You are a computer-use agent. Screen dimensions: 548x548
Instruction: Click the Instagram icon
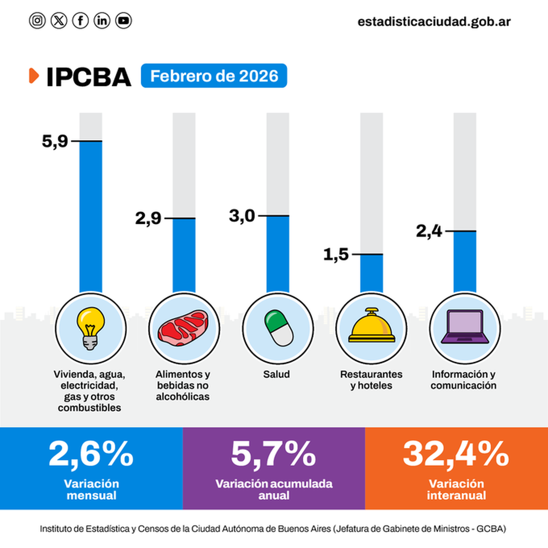37,21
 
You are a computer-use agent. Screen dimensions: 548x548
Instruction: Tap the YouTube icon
123,21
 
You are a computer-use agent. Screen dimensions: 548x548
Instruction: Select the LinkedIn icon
102,21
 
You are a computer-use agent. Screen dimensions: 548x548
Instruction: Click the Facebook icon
80,21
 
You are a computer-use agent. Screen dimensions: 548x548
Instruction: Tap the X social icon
59,21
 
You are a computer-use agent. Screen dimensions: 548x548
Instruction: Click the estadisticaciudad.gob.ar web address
434,21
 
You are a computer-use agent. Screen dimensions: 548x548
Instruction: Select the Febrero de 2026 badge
214,76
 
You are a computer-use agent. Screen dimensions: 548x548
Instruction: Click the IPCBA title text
89,77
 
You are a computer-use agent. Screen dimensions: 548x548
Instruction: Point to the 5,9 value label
55,141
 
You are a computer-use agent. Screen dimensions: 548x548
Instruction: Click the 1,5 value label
336,254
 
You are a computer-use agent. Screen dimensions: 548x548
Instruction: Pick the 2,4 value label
429,231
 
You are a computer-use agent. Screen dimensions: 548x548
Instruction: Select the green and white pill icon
278,328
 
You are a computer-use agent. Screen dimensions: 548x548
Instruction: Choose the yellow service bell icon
372,327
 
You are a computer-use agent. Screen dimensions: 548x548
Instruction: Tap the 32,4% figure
456,454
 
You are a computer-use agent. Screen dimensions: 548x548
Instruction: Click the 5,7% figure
273,454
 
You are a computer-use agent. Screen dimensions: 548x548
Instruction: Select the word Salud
276,374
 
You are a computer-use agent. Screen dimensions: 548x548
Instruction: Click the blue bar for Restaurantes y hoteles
372,273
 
